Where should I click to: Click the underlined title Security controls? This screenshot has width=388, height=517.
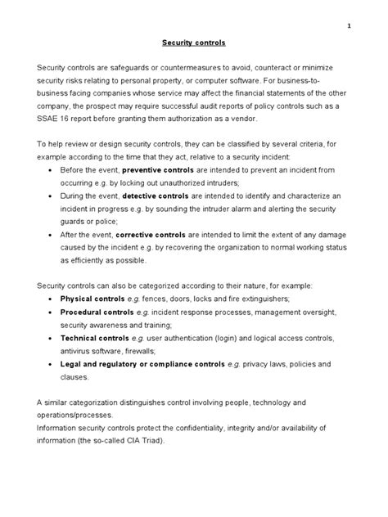tap(194, 42)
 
